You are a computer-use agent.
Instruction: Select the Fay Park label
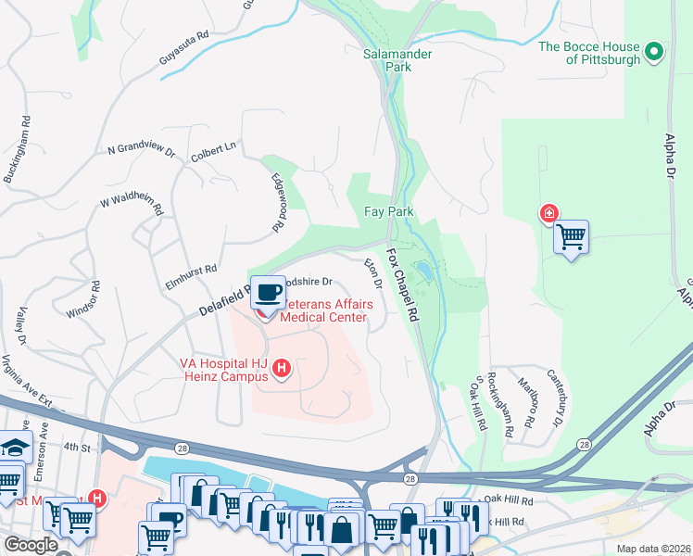[x=388, y=211]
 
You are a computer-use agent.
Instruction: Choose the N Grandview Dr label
[x=141, y=148]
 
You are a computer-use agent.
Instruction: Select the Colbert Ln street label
[x=215, y=145]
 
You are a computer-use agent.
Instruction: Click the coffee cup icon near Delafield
[x=270, y=292]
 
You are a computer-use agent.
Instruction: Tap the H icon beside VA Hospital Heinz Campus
[x=283, y=370]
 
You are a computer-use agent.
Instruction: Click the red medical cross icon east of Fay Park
[x=548, y=214]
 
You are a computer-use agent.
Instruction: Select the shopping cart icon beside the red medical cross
[x=572, y=236]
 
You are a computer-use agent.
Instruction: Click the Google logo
[x=30, y=545]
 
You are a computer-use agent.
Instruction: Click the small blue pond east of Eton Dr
[x=423, y=272]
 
